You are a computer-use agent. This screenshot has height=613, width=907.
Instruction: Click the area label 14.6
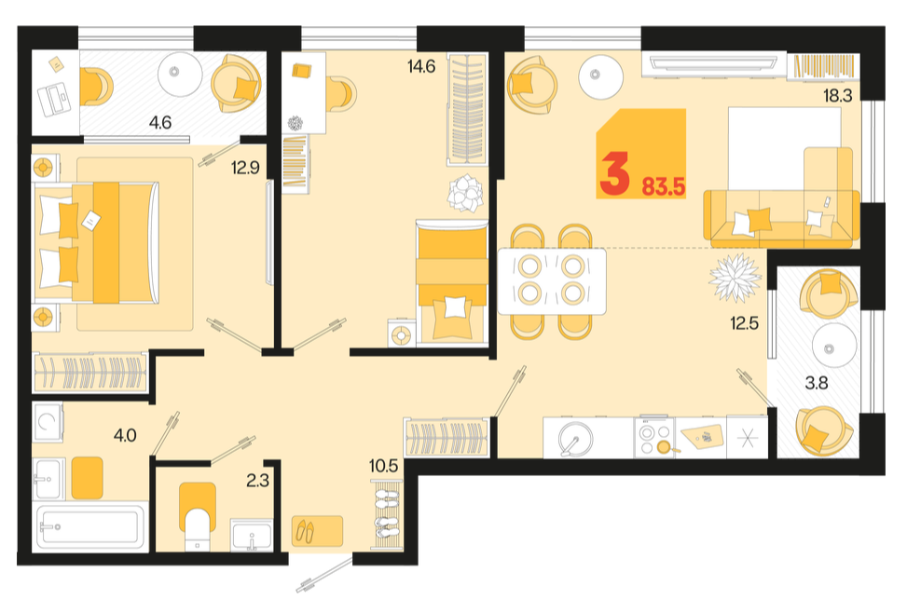tap(421, 67)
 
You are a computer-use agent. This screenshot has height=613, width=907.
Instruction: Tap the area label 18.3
tap(838, 95)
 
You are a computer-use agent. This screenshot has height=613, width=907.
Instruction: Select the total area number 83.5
tap(664, 187)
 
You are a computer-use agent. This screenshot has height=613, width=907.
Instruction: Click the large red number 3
tap(614, 173)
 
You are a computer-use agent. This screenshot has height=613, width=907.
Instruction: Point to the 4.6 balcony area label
tap(160, 123)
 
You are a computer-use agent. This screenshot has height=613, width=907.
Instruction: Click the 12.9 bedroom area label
tap(245, 168)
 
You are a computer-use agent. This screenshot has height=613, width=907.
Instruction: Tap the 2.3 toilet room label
tap(257, 480)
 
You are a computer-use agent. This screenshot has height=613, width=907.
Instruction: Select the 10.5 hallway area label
tap(384, 466)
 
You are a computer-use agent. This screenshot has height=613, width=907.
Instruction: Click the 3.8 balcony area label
tap(817, 383)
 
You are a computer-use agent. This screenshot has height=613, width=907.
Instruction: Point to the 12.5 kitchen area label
tap(744, 322)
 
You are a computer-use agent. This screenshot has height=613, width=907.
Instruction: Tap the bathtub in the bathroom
tap(89, 527)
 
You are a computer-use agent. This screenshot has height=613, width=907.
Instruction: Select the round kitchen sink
tap(575, 438)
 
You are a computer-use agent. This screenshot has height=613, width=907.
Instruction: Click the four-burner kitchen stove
tap(654, 438)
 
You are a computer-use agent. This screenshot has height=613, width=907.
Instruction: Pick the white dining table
tap(552, 281)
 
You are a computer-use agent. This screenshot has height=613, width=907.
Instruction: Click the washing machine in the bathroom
tap(48, 423)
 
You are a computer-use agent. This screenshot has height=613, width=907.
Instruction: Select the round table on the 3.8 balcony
tap(833, 347)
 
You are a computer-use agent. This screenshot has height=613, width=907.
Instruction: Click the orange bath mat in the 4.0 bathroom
tap(88, 478)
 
